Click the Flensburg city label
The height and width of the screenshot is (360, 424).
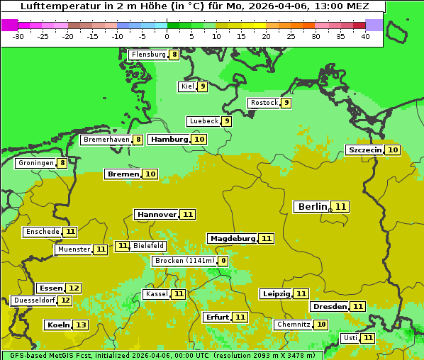tap(148, 55)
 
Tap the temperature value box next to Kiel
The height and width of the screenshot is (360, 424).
tap(202, 87)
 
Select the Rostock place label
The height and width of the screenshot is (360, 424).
tap(264, 103)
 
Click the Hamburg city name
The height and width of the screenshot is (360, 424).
tap(169, 140)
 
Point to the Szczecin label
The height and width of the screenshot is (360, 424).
tap(364, 150)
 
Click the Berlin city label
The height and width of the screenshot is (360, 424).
tap(313, 207)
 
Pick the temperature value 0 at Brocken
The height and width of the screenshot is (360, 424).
tap(223, 261)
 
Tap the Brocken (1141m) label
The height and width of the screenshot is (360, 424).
tap(184, 261)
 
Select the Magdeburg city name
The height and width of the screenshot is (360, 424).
tap(232, 239)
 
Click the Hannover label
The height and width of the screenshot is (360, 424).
tap(156, 215)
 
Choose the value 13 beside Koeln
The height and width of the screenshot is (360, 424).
tap(81, 325)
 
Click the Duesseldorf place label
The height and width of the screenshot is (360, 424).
tap(34, 300)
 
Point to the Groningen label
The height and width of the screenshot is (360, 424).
tap(35, 163)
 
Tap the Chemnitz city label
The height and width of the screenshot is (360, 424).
tap(294, 325)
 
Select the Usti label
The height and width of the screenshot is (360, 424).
tap(350, 338)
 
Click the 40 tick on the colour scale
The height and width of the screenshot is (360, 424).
tap(365, 36)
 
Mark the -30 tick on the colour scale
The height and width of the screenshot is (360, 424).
tap(18, 36)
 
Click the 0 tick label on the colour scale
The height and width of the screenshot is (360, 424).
tap(167, 36)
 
